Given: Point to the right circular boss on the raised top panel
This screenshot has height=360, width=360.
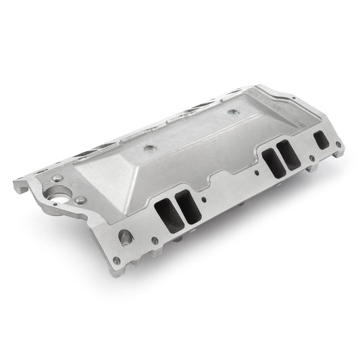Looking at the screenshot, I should [233, 113].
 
